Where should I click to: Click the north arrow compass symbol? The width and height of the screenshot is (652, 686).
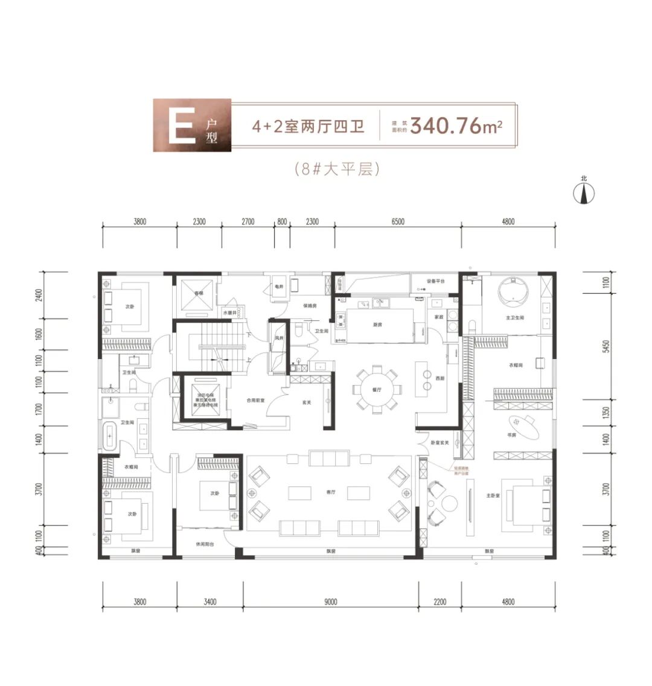(x=584, y=192)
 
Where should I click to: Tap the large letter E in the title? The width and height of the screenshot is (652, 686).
(x=181, y=125)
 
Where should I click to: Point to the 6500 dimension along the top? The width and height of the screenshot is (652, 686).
(x=397, y=221)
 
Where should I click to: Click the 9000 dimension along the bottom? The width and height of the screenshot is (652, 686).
(x=330, y=602)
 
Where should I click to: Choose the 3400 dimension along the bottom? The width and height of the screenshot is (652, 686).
(x=209, y=602)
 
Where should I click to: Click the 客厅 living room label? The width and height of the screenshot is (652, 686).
(x=329, y=492)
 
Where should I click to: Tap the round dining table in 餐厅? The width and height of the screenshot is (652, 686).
(x=377, y=390)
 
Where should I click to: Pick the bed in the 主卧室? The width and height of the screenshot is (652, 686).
(x=526, y=503)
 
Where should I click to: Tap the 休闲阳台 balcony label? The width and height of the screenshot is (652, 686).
(x=205, y=544)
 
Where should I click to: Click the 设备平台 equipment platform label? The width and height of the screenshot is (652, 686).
(x=436, y=281)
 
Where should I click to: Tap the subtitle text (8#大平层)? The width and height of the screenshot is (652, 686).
(x=337, y=169)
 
